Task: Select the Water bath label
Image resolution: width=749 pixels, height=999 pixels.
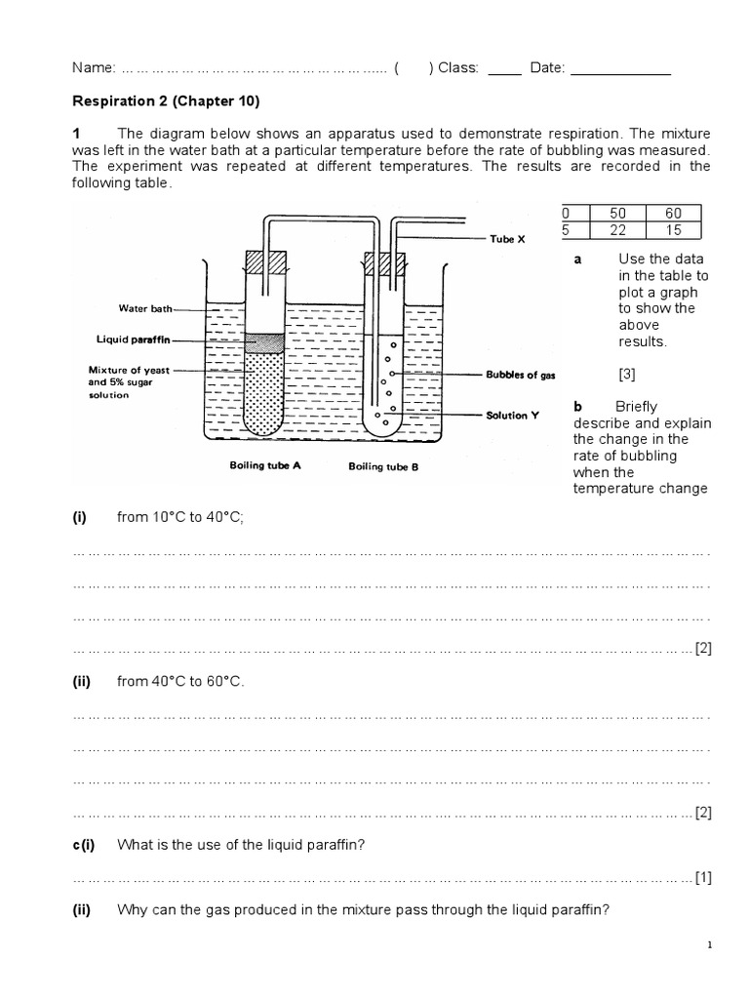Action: point(145,308)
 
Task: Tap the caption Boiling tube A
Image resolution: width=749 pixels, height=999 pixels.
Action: point(265,465)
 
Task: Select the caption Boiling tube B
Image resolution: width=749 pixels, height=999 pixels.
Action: point(383,466)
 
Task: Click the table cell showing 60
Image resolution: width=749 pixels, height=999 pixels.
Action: point(673,213)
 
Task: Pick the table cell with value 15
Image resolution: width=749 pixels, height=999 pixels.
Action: point(673,229)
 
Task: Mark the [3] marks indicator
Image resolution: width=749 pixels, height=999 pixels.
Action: point(627,374)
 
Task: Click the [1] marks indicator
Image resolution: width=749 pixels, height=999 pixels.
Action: point(703,877)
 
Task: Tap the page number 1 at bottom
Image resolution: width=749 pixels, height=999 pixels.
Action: point(709,945)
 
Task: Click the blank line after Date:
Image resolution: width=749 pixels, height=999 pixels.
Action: point(620,70)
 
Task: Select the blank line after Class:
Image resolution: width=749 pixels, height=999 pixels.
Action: point(503,70)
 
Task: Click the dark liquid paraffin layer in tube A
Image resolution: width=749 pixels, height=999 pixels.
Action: point(263,341)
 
